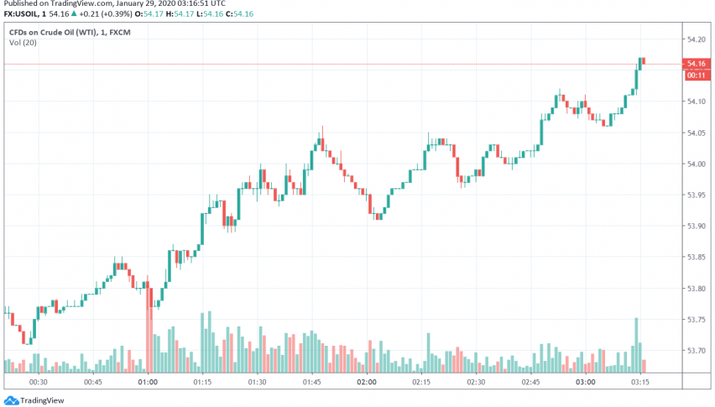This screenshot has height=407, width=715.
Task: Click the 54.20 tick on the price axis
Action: (x=697, y=39)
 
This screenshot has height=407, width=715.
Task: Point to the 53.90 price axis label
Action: (x=697, y=227)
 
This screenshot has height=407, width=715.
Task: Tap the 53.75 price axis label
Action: (x=697, y=320)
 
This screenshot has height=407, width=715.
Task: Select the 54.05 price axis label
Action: (x=697, y=133)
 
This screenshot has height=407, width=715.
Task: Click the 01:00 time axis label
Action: (x=148, y=382)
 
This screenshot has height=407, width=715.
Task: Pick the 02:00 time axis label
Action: (x=367, y=382)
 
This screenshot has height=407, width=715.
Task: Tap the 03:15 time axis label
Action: (x=640, y=382)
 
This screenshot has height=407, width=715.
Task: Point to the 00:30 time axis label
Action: (x=38, y=382)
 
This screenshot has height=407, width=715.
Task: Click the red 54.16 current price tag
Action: (x=696, y=64)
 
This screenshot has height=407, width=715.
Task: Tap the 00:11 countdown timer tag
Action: (x=696, y=75)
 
